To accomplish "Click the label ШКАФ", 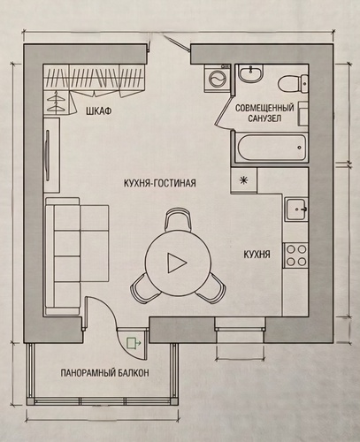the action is tap(98, 111).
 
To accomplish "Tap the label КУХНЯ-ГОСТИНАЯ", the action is tap(160, 183).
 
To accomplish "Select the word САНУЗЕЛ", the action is tap(264, 118).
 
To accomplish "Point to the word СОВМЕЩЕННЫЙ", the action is tap(264, 108).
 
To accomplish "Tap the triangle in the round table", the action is tap(177, 263).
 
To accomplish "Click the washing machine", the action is tap(218, 78).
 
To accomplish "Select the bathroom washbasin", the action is tap(250, 73).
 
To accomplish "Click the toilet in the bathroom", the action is tap(293, 83).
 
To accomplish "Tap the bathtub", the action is tap(272, 148).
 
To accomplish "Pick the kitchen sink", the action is tap(296, 209).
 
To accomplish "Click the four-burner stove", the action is tap(295, 255).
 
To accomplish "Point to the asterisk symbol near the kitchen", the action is tap(243, 180).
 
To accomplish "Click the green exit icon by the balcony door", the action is tap(134, 343).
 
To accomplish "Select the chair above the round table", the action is tap(177, 219).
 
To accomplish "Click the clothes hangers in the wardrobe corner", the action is tap(56, 102).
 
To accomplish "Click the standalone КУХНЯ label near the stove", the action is tap(257, 255).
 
